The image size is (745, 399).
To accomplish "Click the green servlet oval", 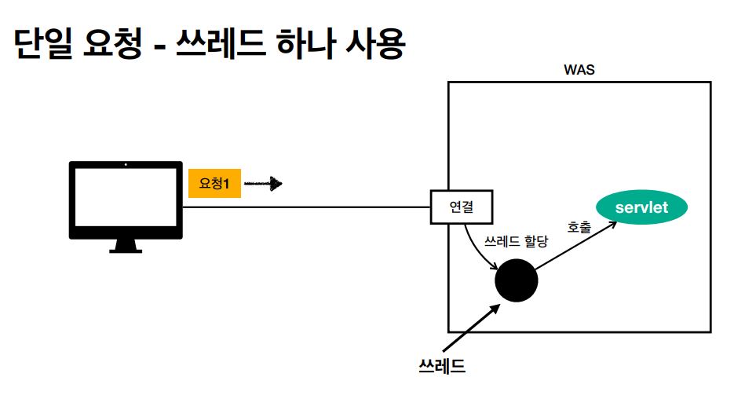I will point(642,207).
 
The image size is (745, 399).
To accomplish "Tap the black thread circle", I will point(516,280).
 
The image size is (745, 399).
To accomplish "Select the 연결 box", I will point(462,207).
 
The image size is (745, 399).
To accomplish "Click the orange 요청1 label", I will point(214,183).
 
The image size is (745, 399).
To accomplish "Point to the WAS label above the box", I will point(579,70).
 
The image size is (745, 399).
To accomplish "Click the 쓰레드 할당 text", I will point(516,241).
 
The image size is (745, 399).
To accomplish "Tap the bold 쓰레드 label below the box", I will point(443,365).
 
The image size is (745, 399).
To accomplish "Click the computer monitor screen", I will point(126,199).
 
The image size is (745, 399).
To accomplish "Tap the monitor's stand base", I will point(126,250).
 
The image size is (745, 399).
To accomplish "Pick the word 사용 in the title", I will point(374,46).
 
